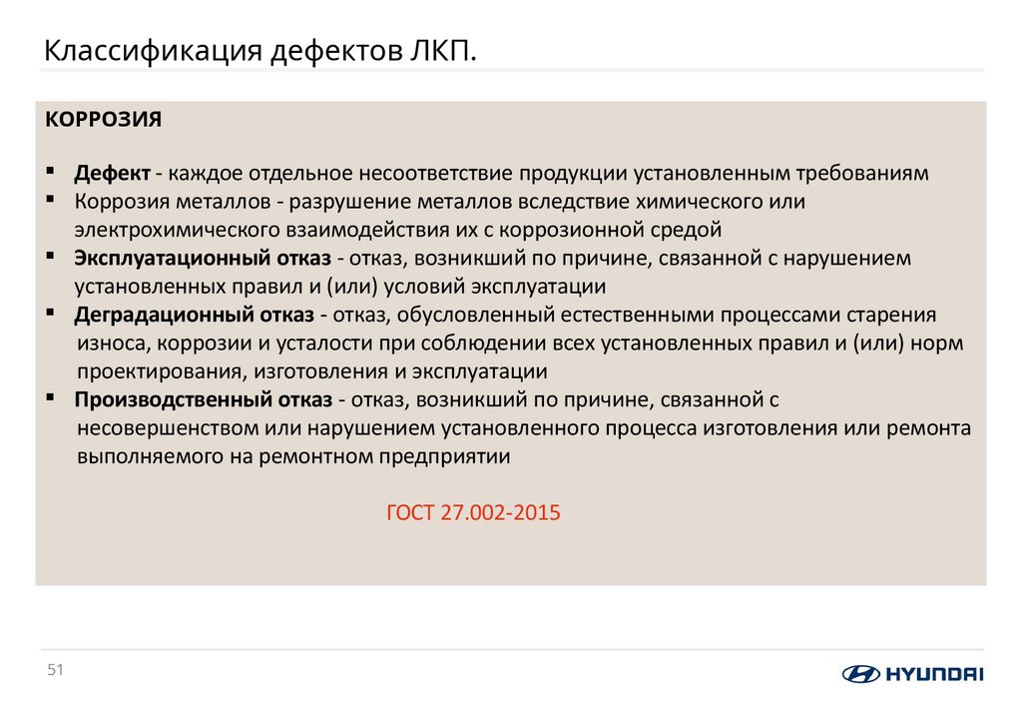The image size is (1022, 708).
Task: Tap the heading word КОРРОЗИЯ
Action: pyautogui.click(x=103, y=119)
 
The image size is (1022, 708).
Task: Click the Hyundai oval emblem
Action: pyautogui.click(x=860, y=673)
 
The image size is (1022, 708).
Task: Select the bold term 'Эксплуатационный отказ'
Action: pyautogui.click(x=203, y=259)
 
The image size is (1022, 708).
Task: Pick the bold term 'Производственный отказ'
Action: pyautogui.click(x=204, y=400)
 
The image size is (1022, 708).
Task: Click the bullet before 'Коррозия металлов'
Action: pyautogui.click(x=50, y=200)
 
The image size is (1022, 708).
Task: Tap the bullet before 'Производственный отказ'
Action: pyautogui.click(x=50, y=398)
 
